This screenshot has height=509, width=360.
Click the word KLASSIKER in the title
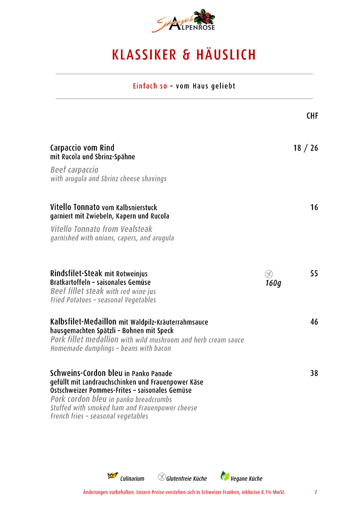click(x=144, y=55)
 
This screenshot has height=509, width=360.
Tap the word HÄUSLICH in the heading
click(x=226, y=55)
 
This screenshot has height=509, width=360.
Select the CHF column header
click(x=312, y=116)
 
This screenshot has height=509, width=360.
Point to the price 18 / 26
click(x=305, y=148)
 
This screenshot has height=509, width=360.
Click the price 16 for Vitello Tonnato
click(x=314, y=207)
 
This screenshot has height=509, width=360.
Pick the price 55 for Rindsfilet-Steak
click(x=314, y=274)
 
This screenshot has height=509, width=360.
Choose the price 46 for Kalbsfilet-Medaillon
click(x=314, y=322)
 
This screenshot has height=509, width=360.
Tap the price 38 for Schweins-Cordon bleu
click(x=314, y=374)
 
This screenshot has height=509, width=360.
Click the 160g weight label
click(x=273, y=283)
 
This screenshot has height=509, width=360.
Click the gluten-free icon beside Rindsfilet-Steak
click(x=269, y=274)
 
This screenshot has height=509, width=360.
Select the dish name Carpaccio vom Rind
click(x=82, y=148)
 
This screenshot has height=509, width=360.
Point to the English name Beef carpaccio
click(x=74, y=170)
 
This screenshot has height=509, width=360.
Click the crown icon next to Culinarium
click(x=113, y=475)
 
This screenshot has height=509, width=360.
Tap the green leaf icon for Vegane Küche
click(x=225, y=476)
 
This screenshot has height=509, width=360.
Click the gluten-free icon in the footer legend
click(x=162, y=477)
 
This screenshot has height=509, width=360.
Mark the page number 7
click(x=316, y=492)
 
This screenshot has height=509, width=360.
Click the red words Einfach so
click(x=150, y=86)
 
